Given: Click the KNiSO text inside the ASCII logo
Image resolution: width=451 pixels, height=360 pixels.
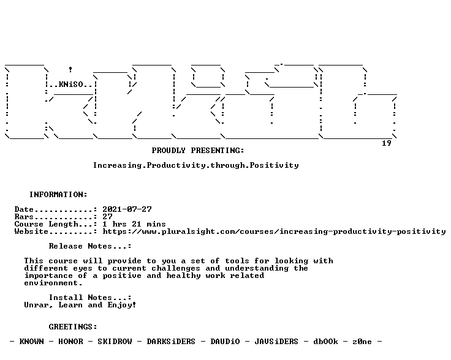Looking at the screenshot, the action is pyautogui.click(x=70, y=84).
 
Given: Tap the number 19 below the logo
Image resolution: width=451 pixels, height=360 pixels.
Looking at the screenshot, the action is pyautogui.click(x=386, y=143).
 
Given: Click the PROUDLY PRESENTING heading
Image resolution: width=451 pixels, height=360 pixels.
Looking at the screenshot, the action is pyautogui.click(x=198, y=151).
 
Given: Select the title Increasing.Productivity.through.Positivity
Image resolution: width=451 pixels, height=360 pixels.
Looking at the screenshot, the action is pyautogui.click(x=196, y=165).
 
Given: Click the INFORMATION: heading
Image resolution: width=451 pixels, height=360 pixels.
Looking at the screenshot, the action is pyautogui.click(x=58, y=195).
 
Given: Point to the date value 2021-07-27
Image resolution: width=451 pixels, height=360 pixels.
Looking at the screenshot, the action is pyautogui.click(x=127, y=209).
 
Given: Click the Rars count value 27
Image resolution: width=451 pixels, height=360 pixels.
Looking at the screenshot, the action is pyautogui.click(x=107, y=217).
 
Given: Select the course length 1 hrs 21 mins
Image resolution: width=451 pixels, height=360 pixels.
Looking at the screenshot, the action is pyautogui.click(x=134, y=224).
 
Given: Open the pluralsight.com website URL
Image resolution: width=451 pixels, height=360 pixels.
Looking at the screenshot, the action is pyautogui.click(x=274, y=231).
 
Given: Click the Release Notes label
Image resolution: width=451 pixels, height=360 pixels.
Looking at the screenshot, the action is pyautogui.click(x=89, y=246).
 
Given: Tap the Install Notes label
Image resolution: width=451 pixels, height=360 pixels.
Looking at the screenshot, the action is pyautogui.click(x=89, y=298).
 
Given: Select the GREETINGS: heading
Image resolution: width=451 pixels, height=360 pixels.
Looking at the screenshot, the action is pyautogui.click(x=73, y=327).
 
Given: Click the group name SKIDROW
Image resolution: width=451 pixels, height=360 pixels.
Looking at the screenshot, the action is pyautogui.click(x=115, y=342).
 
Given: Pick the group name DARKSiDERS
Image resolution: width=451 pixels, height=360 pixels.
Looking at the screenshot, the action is pyautogui.click(x=171, y=342).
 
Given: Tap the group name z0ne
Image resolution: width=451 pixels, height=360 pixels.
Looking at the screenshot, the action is pyautogui.click(x=362, y=342).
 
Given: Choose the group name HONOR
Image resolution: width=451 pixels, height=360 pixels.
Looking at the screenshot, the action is pyautogui.click(x=70, y=342).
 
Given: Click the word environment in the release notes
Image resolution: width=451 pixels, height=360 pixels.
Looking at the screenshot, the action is pyautogui.click(x=53, y=283).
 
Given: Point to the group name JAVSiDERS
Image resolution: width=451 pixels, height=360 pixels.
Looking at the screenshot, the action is pyautogui.click(x=276, y=342).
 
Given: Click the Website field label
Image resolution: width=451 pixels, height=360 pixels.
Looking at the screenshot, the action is pyautogui.click(x=31, y=231).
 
